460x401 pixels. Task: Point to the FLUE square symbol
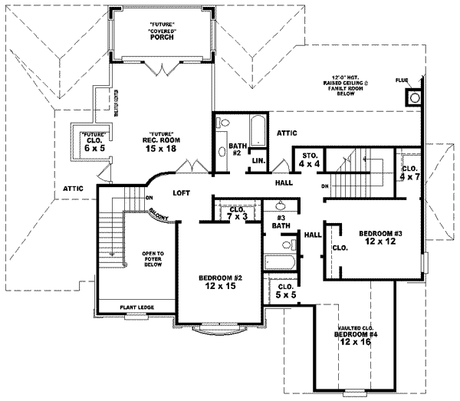pos(413,97)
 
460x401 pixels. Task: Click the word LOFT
pos(182,193)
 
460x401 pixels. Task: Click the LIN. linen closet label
pos(258,161)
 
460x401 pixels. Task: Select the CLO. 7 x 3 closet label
pos(236,212)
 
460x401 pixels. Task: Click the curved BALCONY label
pos(161,217)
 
